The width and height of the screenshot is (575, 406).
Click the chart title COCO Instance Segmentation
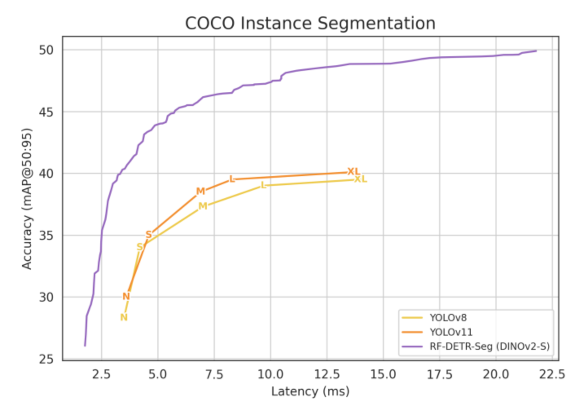tap(310, 23)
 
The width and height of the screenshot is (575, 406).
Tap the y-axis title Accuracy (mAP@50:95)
tap(27, 199)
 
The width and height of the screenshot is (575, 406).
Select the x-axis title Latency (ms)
tap(310, 392)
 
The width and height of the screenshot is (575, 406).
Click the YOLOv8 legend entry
tap(448, 318)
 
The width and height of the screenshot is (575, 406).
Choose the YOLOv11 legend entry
tap(451, 332)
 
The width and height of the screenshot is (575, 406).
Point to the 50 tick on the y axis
tap(46, 50)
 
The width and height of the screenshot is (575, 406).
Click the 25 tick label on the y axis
tap(46, 359)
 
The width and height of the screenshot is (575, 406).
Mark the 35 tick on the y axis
tap(46, 236)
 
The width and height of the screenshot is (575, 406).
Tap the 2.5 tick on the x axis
tap(101, 374)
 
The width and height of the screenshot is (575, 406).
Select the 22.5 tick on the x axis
tap(552, 374)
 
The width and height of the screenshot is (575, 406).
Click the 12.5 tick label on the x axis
tap(327, 374)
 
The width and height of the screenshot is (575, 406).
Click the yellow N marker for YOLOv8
tap(124, 318)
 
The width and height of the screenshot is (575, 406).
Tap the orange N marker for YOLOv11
tap(126, 296)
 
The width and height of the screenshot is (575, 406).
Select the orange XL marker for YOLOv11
tap(353, 172)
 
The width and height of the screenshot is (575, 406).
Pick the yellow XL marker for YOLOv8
tap(360, 179)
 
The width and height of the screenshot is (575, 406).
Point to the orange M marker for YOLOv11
tap(200, 191)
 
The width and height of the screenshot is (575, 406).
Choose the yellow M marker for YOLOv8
tap(202, 206)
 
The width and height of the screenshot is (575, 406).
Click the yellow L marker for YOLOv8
tap(263, 185)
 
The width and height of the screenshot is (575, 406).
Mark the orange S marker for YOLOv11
tap(149, 234)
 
